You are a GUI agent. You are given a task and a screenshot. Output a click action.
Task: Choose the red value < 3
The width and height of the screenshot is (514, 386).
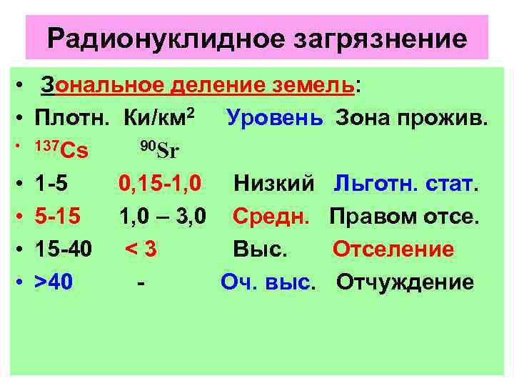tap(141, 249)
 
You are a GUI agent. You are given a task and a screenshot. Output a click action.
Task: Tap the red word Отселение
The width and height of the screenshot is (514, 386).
tap(393, 249)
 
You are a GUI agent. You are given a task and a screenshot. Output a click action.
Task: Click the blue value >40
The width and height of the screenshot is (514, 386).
tap(54, 282)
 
